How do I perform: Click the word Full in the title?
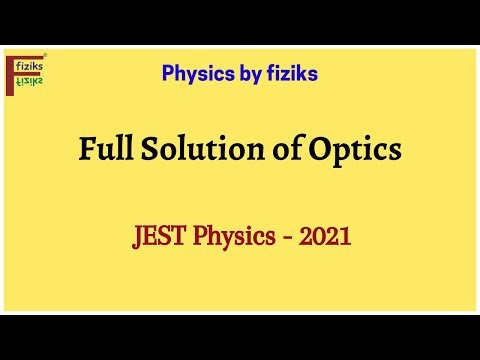[105, 150]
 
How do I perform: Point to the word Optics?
[356, 150]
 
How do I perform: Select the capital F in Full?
[87, 150]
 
